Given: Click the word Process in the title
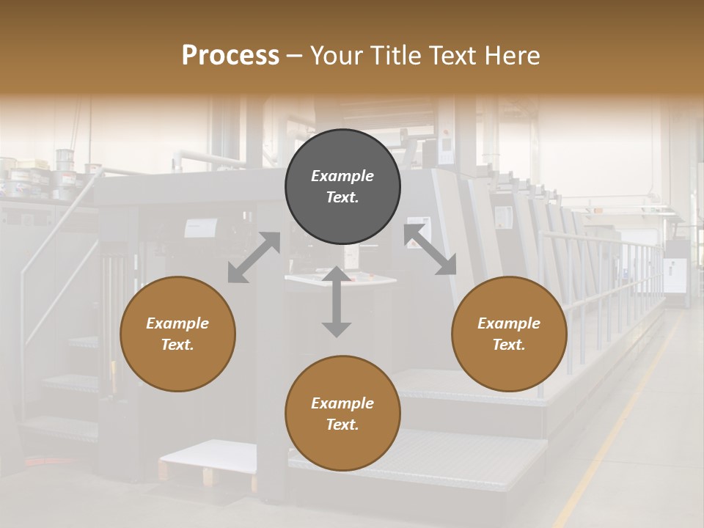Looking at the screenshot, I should pyautogui.click(x=230, y=56).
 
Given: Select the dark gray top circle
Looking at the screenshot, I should pyautogui.click(x=342, y=186).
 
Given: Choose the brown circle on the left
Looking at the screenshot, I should pyautogui.click(x=177, y=334).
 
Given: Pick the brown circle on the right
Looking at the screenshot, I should pyautogui.click(x=509, y=334).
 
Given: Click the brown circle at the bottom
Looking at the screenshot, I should pyautogui.click(x=342, y=414).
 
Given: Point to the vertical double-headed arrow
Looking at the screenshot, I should pyautogui.click(x=337, y=301).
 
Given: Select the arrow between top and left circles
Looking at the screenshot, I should pyautogui.click(x=254, y=257).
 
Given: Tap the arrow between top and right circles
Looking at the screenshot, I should pyautogui.click(x=430, y=250).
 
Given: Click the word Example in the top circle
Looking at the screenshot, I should pyautogui.click(x=342, y=176).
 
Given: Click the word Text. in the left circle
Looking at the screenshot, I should pyautogui.click(x=177, y=345).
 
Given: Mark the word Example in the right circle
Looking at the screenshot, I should pyautogui.click(x=509, y=323).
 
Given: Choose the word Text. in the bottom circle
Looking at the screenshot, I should pyautogui.click(x=342, y=425).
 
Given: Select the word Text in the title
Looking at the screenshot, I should pyautogui.click(x=452, y=56).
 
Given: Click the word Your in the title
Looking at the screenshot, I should pyautogui.click(x=336, y=56).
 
